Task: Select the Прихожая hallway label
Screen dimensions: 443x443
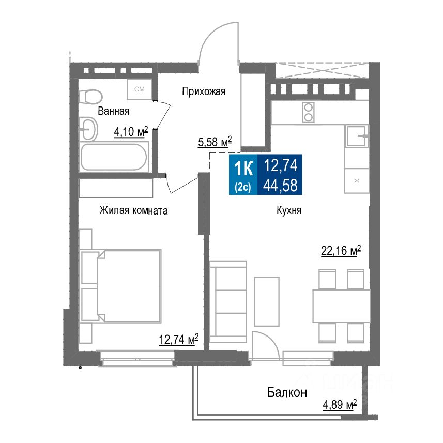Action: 204,92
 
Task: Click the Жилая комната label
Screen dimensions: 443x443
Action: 133,211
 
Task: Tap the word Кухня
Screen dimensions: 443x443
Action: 288,211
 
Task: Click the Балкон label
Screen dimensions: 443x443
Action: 287,392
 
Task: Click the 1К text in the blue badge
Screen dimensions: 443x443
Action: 243,168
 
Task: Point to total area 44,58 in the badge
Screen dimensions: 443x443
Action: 281,185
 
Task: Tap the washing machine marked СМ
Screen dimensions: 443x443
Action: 140,89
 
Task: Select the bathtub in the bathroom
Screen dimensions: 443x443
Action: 113,157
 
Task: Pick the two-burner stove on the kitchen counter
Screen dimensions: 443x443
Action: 309,113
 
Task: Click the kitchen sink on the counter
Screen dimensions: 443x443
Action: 358,136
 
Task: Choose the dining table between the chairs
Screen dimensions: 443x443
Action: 341,306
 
